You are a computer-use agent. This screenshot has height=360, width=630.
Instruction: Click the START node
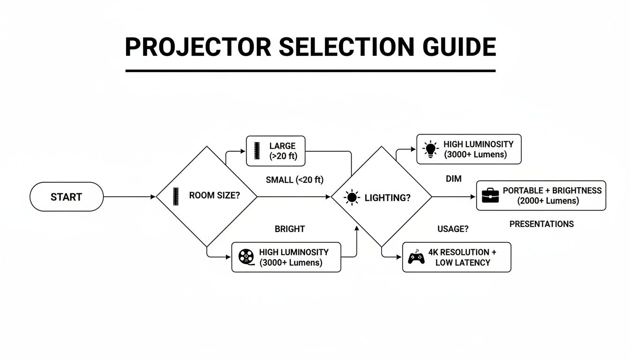click(x=66, y=197)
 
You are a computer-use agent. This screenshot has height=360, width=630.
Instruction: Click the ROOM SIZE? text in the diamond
click(x=214, y=196)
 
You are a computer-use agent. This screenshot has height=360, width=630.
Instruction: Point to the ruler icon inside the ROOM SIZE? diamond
click(x=176, y=196)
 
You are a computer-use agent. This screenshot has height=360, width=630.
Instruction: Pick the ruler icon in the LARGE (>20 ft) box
click(x=256, y=151)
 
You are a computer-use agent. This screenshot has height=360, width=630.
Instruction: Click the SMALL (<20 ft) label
click(x=294, y=180)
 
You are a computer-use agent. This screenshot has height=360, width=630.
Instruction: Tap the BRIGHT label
click(x=289, y=229)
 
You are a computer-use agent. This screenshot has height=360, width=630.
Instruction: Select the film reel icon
click(x=246, y=257)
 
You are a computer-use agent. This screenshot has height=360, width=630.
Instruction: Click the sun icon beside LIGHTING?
click(x=352, y=198)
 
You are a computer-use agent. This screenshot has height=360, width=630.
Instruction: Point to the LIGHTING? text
click(x=387, y=198)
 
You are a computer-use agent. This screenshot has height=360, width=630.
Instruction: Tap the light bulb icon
click(x=430, y=149)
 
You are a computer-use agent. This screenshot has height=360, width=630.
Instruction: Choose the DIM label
click(x=453, y=179)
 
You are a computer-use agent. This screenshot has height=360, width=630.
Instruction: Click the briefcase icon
click(x=490, y=196)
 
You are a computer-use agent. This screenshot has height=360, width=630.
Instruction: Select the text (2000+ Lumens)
click(x=548, y=201)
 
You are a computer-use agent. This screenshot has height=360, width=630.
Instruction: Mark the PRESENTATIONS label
click(x=541, y=224)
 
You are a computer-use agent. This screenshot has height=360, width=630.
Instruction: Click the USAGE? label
click(x=453, y=229)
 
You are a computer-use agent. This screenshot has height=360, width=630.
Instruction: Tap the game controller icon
click(x=416, y=257)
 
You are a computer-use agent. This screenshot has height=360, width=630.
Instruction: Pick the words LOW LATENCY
click(x=462, y=263)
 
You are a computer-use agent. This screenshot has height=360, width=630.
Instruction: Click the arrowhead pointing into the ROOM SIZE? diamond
click(x=153, y=197)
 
